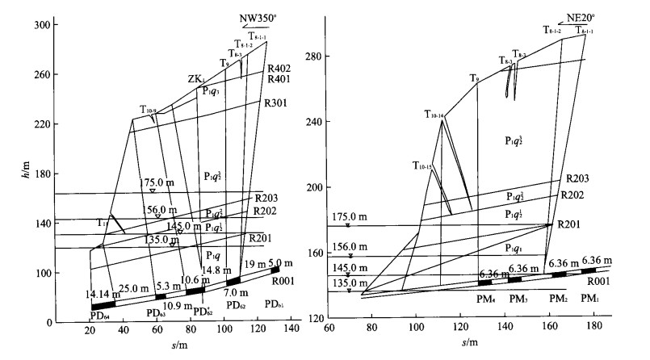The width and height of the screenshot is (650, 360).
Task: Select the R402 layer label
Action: tap(279, 69)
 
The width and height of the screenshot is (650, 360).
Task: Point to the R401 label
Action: tap(279, 80)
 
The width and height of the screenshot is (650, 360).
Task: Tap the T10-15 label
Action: tap(422, 167)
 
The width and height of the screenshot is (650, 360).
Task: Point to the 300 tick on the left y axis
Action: tap(40, 26)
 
